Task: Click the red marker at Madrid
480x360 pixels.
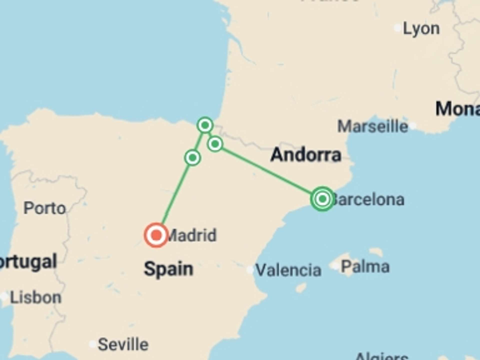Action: tap(156, 235)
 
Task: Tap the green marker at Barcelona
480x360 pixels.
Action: tap(322, 199)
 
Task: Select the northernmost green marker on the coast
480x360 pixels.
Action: tap(205, 125)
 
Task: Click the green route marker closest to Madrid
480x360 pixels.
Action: tap(192, 158)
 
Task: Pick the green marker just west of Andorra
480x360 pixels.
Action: tap(215, 144)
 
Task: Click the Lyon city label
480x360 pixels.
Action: tap(421, 29)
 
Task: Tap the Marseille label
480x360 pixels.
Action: tap(372, 126)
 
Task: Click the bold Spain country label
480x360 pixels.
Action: tap(168, 269)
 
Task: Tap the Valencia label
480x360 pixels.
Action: tap(288, 270)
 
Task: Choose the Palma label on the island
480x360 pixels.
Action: tap(365, 266)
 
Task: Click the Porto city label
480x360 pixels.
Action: tap(44, 208)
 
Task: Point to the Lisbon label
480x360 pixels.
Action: tap(36, 297)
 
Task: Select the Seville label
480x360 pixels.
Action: tap(123, 344)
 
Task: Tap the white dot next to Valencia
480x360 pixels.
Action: tap(250, 270)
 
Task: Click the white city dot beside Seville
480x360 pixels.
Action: tap(93, 344)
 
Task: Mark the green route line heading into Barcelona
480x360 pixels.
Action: tap(267, 171)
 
